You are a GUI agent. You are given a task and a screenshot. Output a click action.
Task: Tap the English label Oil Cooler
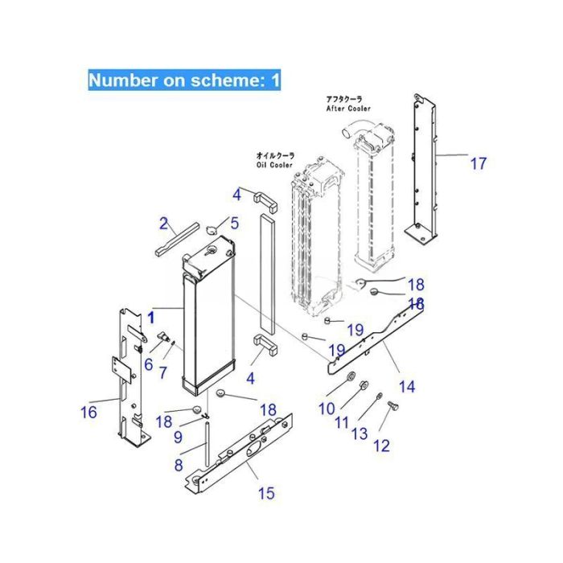(275, 165)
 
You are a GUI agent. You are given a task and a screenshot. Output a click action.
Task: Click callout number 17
(478, 164)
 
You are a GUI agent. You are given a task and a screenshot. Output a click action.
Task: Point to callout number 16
(88, 413)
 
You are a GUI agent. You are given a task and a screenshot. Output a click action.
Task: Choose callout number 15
(265, 493)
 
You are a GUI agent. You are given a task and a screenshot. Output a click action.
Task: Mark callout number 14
(407, 387)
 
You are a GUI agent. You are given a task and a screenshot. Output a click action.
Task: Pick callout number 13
(360, 434)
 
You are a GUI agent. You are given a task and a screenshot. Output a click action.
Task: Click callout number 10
(326, 409)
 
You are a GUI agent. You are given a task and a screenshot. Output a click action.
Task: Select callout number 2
(163, 223)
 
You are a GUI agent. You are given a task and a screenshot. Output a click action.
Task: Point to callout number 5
(235, 223)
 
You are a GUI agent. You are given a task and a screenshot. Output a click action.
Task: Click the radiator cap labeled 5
(212, 230)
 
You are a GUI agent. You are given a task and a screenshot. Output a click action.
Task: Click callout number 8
(179, 464)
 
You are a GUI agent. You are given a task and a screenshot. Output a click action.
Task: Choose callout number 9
(179, 438)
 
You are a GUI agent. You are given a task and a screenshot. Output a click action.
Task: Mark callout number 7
(163, 372)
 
